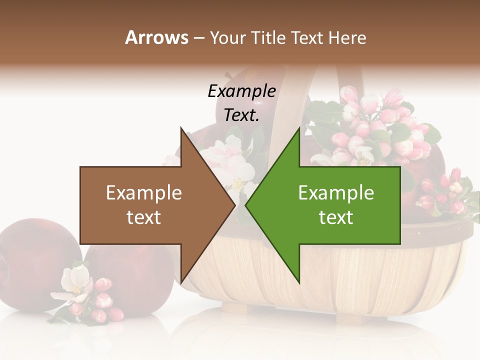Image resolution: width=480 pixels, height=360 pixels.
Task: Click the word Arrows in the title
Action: tap(157, 37)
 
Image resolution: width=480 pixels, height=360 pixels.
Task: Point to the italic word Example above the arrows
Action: tap(241, 91)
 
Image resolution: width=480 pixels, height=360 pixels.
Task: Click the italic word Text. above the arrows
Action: tap(241, 115)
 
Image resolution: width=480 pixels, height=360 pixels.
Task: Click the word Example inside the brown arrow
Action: tap(144, 193)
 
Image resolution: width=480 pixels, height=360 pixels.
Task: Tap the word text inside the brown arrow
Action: tap(144, 217)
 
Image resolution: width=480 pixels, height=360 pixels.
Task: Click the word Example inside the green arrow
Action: tap(336, 193)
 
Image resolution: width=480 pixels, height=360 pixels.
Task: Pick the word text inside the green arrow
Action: tap(336, 217)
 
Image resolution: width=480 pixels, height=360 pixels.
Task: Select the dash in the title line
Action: tap(198, 38)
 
